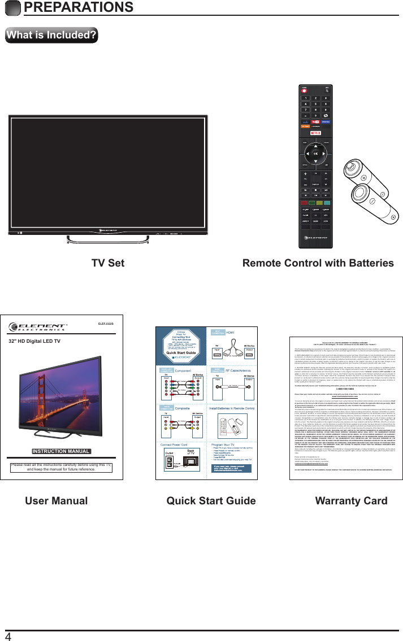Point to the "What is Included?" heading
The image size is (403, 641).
pos(51,35)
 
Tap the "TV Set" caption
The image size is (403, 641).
pos(107,263)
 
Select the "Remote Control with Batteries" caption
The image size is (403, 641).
pos(318,263)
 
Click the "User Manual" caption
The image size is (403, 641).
pos(57,500)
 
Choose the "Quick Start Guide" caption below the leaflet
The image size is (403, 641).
pos(203,500)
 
